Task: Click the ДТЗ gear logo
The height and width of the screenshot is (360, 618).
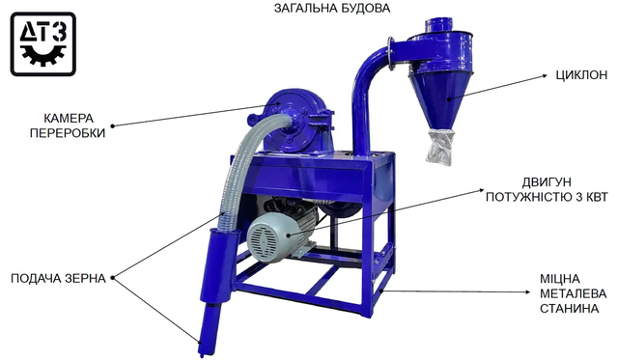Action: (x=42, y=44)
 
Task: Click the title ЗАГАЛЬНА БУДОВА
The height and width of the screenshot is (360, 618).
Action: (x=332, y=9)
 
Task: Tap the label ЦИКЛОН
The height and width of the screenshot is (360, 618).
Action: (x=581, y=75)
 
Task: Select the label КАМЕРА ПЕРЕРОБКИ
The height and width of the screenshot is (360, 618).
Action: (x=68, y=125)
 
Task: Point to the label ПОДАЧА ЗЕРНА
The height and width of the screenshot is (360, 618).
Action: (x=58, y=279)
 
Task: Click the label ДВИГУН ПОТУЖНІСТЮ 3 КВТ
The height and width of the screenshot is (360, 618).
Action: (x=547, y=189)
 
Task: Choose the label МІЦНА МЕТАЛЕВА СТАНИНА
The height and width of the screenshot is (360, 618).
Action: (x=573, y=293)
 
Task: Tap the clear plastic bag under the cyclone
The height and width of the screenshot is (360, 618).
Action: (x=440, y=148)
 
